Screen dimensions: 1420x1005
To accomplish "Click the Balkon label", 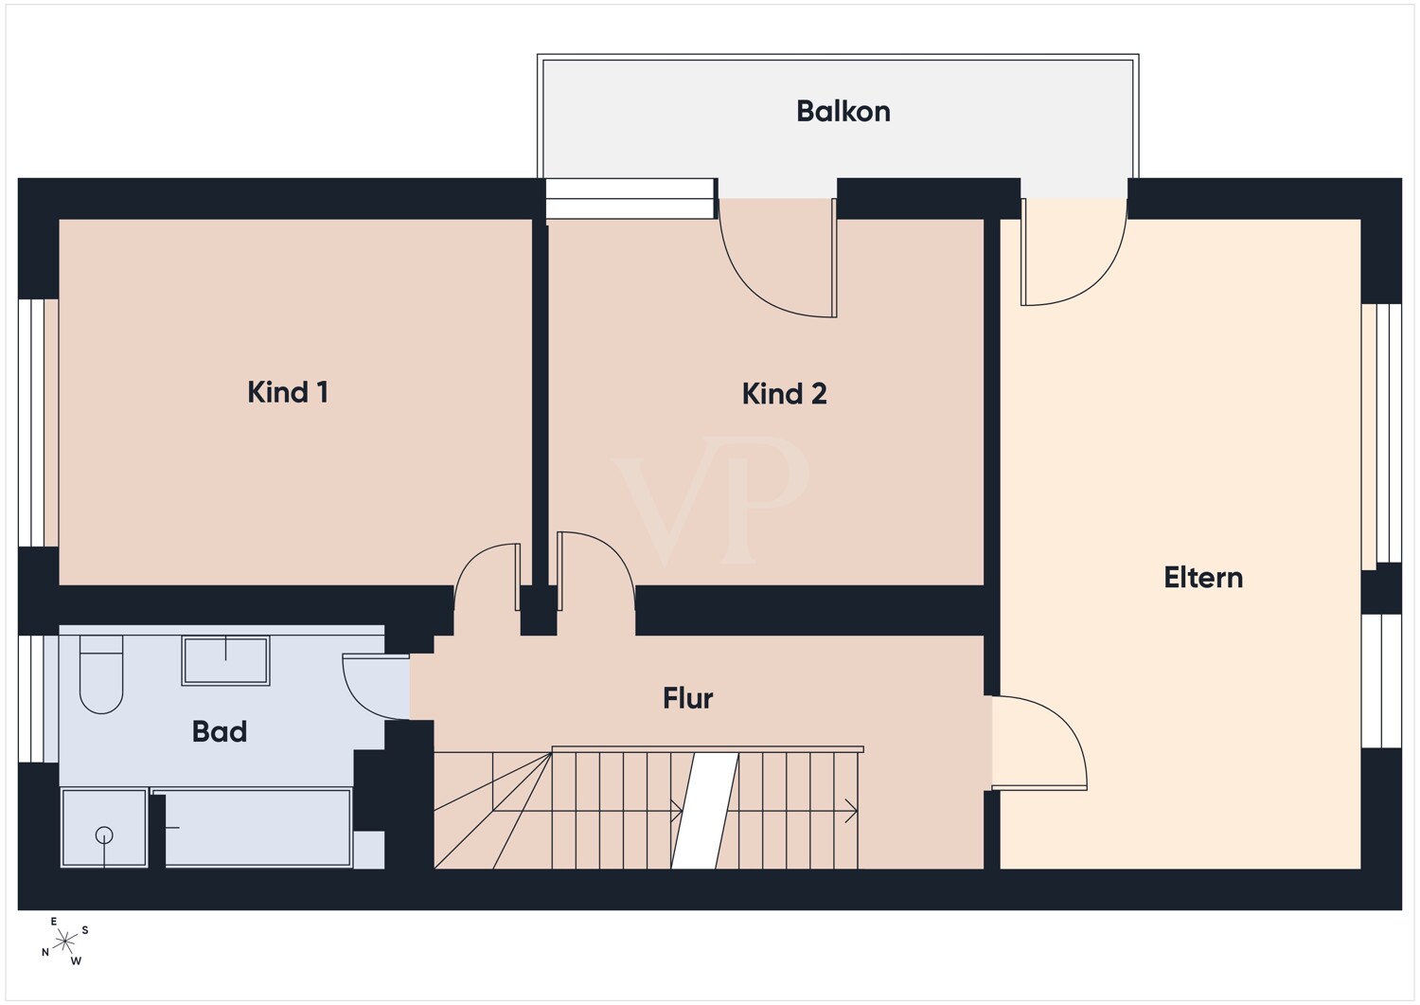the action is click(843, 112).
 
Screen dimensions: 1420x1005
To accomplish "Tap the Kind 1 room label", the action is click(288, 392).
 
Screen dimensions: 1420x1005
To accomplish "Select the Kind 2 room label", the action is click(784, 394).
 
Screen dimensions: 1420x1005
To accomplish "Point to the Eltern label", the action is click(1203, 578).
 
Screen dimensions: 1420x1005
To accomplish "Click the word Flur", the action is click(688, 698).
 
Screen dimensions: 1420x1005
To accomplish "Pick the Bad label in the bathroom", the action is click(220, 731).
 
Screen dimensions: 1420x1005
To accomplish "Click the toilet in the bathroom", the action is click(100, 673).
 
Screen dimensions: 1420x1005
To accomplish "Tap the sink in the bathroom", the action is click(225, 660).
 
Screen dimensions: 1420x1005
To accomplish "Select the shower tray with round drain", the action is click(104, 828).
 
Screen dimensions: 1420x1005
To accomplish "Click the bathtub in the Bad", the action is click(252, 828).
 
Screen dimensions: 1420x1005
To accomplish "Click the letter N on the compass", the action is click(45, 952).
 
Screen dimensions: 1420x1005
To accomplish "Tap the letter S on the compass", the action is click(85, 930).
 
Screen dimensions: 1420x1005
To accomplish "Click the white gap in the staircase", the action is click(705, 811).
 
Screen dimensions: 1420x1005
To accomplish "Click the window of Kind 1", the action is click(31, 422).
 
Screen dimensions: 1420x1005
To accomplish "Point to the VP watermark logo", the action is click(710, 501).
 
